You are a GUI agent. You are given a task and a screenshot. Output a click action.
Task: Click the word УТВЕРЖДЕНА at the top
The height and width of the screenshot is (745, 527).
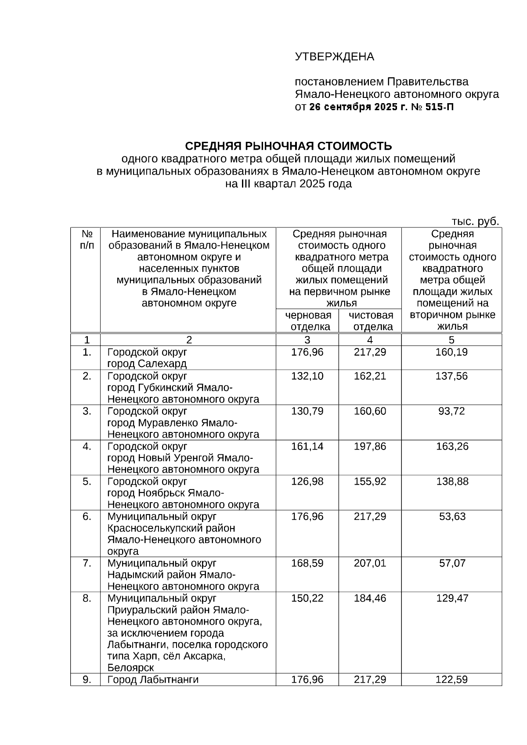click(x=334, y=57)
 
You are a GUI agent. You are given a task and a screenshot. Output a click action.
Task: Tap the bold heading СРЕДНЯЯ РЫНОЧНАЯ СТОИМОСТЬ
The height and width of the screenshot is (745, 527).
click(x=288, y=146)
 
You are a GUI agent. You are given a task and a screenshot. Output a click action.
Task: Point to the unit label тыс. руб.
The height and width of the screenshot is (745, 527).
click(x=476, y=221)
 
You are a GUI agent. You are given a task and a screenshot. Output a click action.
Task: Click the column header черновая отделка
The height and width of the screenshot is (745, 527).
click(x=308, y=321)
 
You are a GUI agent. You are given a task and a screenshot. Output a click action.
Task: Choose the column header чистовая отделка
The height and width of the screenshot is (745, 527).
click(x=371, y=321)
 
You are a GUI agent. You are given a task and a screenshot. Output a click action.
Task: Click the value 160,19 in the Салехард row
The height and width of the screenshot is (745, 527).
click(x=451, y=352)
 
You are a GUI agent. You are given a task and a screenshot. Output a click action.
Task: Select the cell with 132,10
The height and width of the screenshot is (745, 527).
click(x=307, y=376)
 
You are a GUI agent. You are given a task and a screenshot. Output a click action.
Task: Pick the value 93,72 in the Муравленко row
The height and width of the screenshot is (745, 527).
click(x=451, y=411)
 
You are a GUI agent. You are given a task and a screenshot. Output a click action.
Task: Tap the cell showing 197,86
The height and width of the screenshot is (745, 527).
click(x=370, y=446)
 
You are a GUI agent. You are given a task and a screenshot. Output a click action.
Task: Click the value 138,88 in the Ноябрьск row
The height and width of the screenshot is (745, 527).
click(x=451, y=482)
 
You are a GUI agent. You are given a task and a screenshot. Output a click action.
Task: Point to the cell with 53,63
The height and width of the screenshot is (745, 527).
click(x=452, y=517)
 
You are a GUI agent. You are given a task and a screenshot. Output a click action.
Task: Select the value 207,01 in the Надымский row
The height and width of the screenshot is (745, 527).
click(x=370, y=563)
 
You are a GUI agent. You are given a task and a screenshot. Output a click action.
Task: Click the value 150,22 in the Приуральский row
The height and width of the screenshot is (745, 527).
click(x=307, y=598)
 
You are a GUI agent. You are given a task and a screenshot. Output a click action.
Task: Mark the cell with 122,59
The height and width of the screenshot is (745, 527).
click(x=451, y=680)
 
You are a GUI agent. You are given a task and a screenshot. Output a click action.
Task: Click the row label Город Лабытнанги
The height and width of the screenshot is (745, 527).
click(x=153, y=680)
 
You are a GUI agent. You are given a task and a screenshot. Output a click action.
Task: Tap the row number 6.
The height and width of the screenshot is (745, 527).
click(x=87, y=517)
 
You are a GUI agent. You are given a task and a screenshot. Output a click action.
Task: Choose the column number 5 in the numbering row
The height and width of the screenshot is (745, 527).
click(x=451, y=340)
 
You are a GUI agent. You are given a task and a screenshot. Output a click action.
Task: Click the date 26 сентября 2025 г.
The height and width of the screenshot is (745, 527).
click(x=359, y=107)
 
